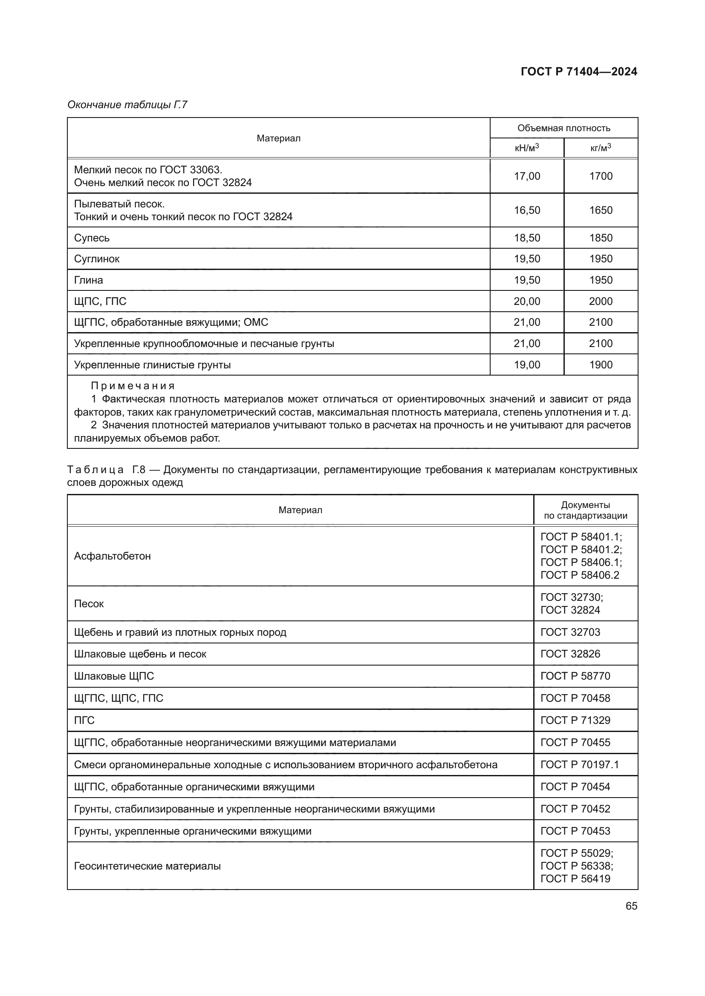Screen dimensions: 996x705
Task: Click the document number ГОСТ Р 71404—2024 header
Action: (x=579, y=72)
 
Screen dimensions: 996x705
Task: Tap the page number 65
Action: (x=631, y=906)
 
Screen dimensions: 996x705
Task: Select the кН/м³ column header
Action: (x=526, y=148)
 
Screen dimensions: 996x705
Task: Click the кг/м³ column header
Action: (x=601, y=148)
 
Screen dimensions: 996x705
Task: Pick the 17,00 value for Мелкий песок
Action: (x=526, y=176)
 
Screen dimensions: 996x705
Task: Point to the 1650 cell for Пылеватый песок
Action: (x=601, y=210)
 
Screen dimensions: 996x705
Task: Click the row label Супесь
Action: (x=92, y=238)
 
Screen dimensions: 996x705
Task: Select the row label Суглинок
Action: (x=96, y=259)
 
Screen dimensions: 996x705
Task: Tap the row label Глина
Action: (x=88, y=280)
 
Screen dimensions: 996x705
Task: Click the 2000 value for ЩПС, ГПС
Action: (x=601, y=301)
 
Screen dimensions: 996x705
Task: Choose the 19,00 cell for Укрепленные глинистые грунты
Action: (x=526, y=365)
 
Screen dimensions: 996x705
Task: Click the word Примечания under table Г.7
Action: (x=133, y=386)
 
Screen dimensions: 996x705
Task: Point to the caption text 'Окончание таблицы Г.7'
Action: (x=127, y=105)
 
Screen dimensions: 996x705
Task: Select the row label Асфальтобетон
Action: (x=112, y=556)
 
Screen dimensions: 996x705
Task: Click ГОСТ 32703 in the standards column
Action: (x=570, y=632)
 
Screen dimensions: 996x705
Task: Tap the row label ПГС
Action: (x=84, y=720)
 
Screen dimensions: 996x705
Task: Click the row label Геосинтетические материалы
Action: (x=147, y=866)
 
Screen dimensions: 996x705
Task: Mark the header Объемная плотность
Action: (x=563, y=128)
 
